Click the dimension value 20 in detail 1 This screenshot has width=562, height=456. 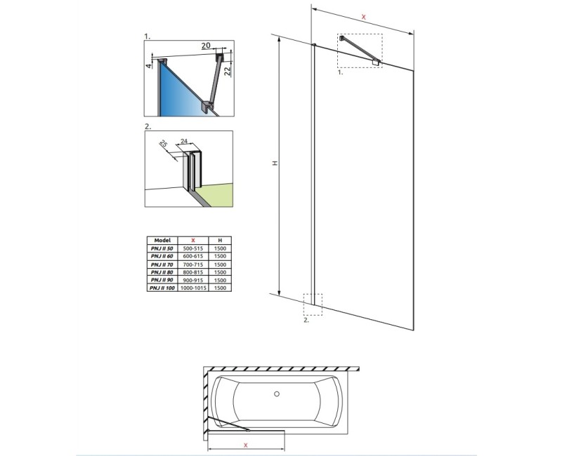pos(206,46)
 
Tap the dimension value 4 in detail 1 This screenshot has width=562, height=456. pos(149,65)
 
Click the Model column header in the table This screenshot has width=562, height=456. pos(162,240)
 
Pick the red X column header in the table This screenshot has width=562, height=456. pos(194,240)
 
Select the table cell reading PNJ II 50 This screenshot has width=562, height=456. pos(162,248)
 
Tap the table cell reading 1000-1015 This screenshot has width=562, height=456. pos(194,287)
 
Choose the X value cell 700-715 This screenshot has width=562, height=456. pos(194,264)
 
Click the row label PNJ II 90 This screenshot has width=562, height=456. pos(162,279)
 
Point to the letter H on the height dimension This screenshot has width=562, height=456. pos(276,163)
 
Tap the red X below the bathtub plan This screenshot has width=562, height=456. pos(245,445)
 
